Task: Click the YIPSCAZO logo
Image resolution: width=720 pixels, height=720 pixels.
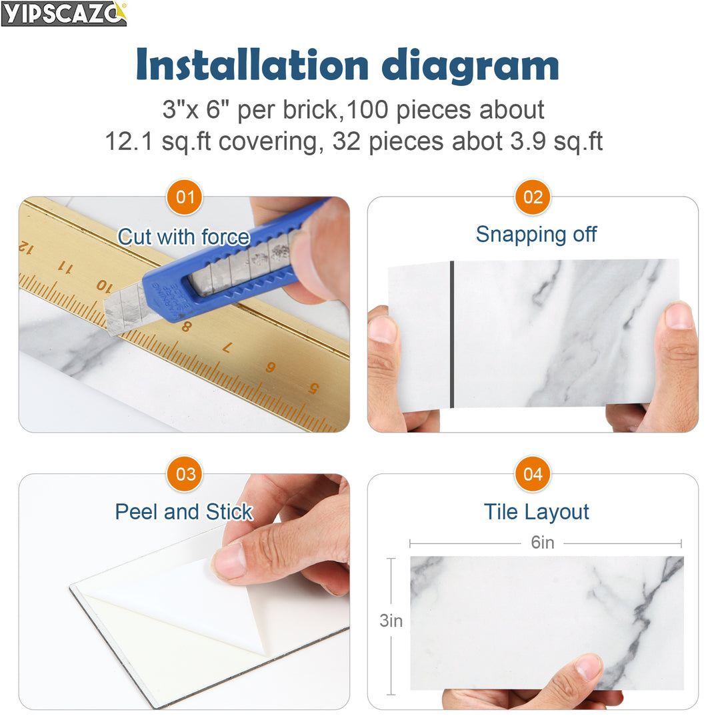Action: [64, 13]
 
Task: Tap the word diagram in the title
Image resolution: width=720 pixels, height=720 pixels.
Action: [470, 67]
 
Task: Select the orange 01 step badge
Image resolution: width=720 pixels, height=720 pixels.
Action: [185, 197]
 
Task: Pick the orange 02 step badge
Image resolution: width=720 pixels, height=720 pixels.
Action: [533, 197]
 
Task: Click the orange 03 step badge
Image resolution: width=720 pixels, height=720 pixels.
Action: [185, 475]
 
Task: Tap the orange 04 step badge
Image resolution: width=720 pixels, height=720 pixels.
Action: [533, 475]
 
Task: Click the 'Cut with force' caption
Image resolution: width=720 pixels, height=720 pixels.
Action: [183, 237]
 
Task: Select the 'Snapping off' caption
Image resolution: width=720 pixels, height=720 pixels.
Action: [536, 235]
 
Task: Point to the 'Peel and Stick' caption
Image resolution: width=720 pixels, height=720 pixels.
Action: [183, 512]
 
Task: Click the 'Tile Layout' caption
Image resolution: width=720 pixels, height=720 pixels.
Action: [536, 512]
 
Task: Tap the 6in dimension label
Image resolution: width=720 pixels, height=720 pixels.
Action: [543, 543]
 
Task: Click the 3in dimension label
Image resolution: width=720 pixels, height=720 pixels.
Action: [391, 621]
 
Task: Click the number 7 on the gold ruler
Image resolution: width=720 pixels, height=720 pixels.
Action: [227, 347]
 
